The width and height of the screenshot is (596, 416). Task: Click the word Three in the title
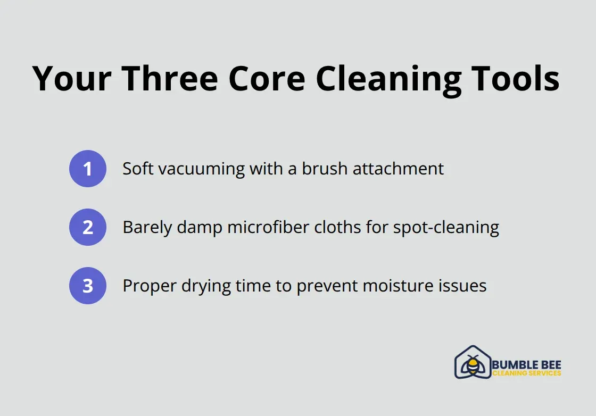point(170,79)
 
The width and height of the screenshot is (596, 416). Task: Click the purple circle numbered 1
point(88,169)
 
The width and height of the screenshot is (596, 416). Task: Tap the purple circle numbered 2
point(88,227)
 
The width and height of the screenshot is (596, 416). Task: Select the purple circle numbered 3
point(88,286)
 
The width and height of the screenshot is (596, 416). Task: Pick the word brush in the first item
point(322,169)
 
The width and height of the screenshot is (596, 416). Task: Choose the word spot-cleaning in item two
point(446,227)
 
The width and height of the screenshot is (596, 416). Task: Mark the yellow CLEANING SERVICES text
point(526,373)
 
